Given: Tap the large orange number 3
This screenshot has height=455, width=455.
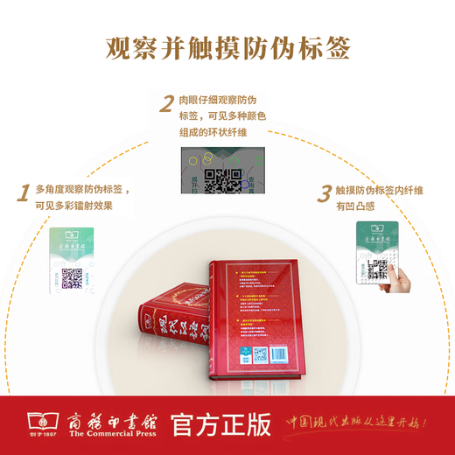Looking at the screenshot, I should pos(324,193).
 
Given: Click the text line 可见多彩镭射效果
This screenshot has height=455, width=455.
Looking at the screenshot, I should pos(73,206).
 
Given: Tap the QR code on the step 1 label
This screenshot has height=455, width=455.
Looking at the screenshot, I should pos(72,278).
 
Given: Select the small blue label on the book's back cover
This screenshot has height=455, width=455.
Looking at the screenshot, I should pos(247,353).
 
